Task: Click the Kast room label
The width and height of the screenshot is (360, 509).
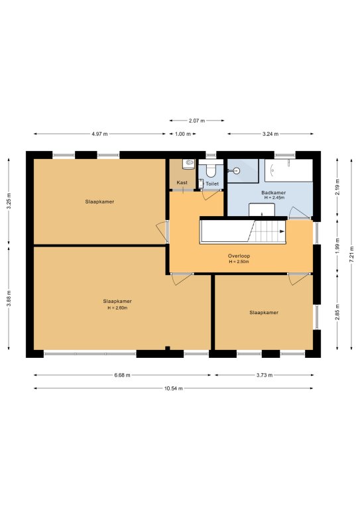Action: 182,182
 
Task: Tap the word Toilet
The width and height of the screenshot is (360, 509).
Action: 212,184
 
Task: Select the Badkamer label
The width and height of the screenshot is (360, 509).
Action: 274,192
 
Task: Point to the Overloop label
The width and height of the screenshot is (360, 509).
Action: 239,256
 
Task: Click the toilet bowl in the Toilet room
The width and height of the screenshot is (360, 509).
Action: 211,170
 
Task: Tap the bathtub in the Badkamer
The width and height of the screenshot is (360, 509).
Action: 288,170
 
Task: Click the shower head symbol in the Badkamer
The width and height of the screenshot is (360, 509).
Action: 237,170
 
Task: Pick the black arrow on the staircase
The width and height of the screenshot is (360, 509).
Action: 282,231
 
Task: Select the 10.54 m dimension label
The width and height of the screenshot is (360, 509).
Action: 173,388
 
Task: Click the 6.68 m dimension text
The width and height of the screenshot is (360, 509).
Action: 123,375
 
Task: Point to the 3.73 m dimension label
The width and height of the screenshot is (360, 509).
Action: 265,375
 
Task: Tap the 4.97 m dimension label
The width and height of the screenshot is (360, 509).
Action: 99,134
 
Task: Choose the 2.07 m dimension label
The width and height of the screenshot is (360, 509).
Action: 197,121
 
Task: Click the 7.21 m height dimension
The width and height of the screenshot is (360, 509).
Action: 351,254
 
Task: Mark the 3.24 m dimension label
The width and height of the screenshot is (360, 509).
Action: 270,134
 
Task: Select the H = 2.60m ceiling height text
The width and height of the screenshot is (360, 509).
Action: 117,308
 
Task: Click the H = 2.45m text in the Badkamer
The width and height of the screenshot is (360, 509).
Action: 274,198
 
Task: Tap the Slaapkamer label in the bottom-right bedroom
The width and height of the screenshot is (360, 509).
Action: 264,313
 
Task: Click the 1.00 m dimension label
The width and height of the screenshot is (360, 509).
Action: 183,134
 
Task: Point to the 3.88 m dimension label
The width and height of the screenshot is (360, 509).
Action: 9,298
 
